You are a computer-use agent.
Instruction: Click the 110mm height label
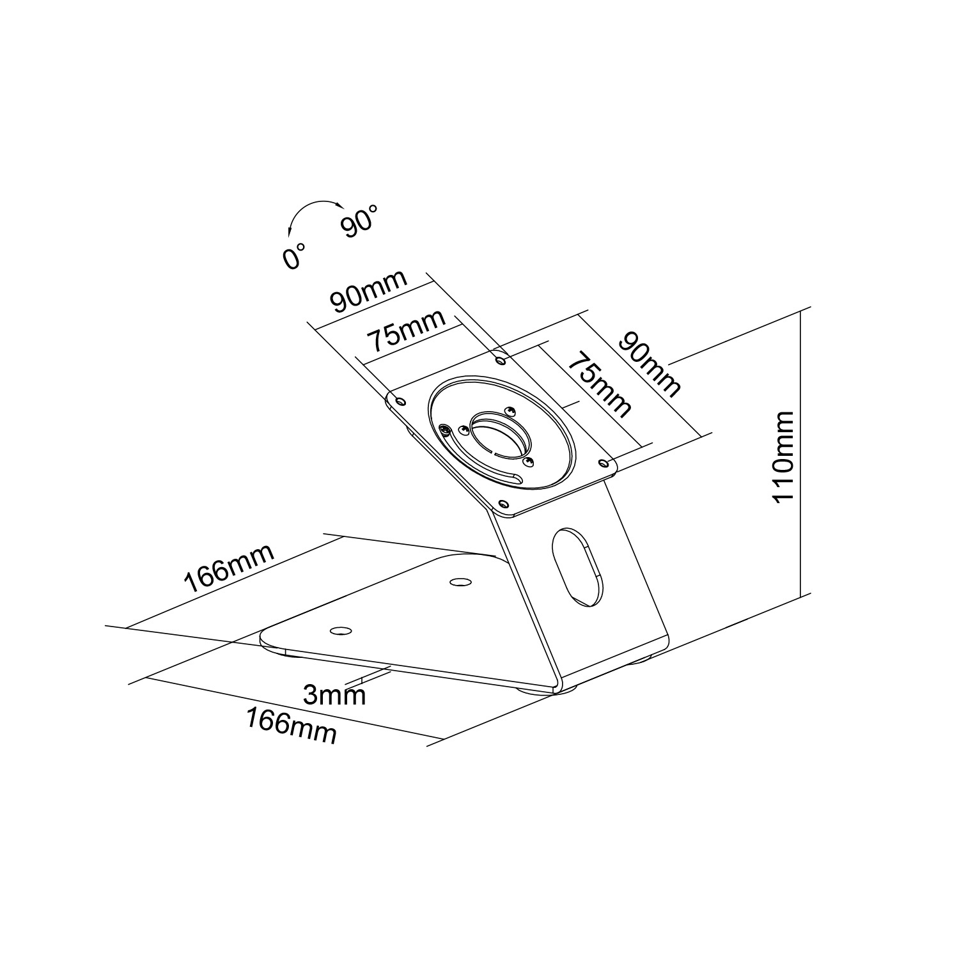point(783,456)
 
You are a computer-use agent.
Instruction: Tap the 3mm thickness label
point(334,694)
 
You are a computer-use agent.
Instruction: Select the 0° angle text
point(293,255)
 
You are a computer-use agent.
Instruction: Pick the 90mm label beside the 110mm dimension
point(650,363)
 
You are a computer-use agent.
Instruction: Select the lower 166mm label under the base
point(292,726)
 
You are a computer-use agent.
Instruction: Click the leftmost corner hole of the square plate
point(401,401)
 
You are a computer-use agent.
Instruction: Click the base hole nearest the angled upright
point(458,582)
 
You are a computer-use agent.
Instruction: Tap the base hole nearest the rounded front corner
point(341,631)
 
